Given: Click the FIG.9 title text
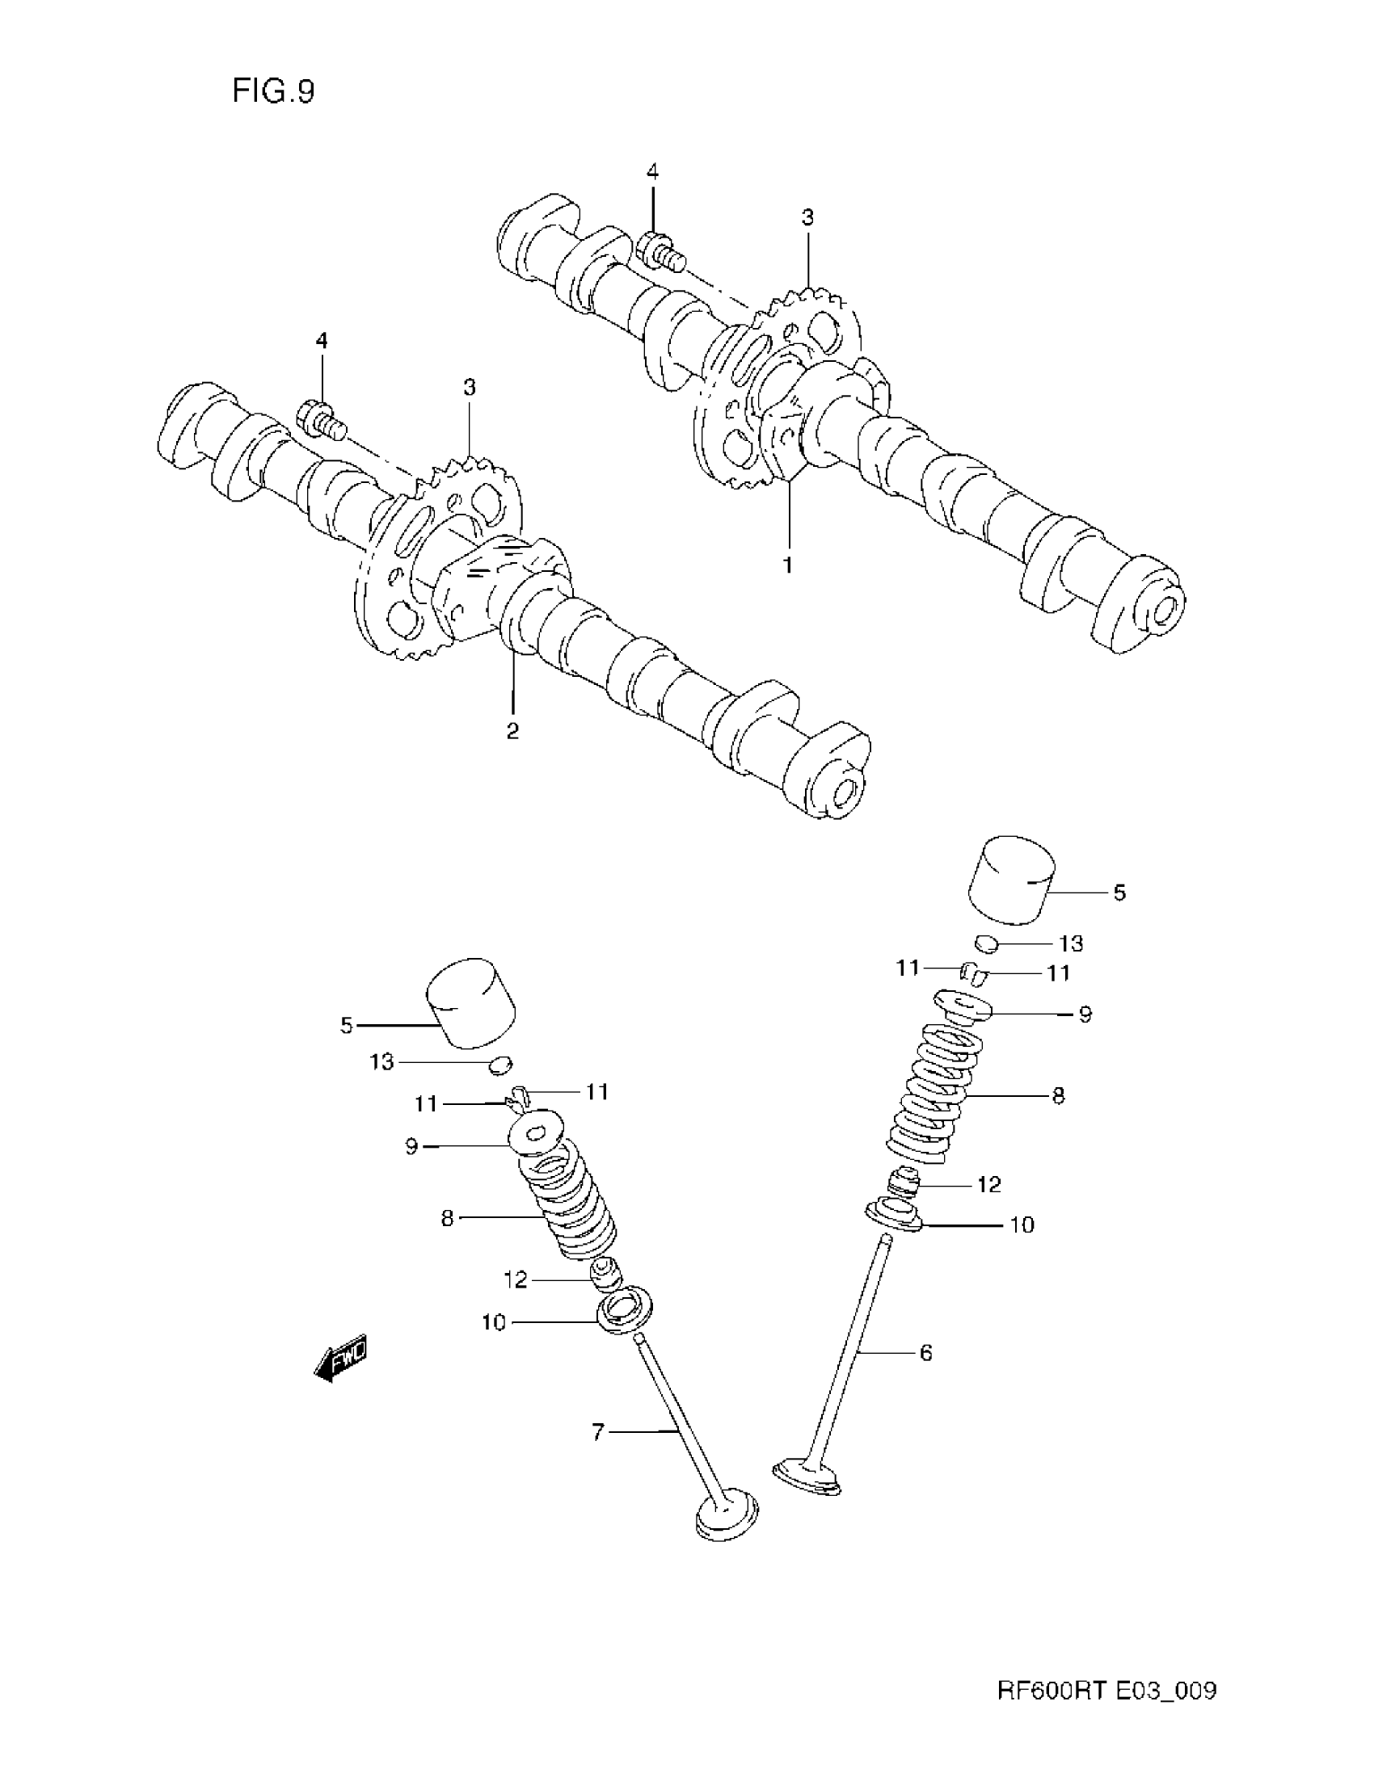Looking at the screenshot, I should coord(272,91).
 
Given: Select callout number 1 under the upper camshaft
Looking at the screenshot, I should coord(788,565).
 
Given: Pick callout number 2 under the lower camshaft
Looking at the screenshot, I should coord(512,731).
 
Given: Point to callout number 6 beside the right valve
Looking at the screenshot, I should coord(925,1353).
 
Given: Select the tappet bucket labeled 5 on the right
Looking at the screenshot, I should coord(1012,880).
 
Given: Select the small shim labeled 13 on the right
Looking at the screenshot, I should coord(987,943).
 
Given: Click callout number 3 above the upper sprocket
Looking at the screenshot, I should coord(807,217).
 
